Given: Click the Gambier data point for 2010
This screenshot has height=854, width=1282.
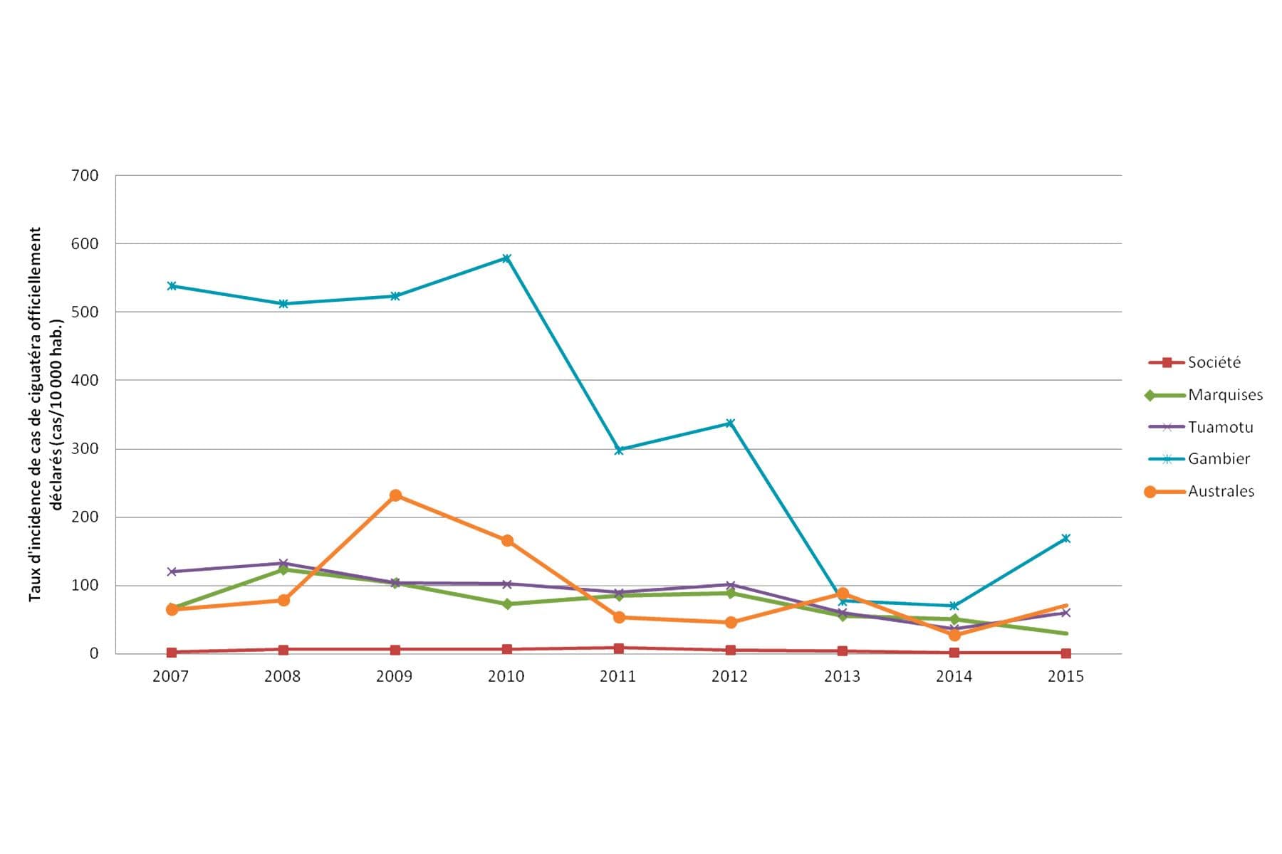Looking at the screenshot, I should [506, 258].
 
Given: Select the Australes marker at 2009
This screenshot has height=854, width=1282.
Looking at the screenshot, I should [395, 495].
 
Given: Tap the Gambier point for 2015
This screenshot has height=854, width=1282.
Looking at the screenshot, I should [1065, 539].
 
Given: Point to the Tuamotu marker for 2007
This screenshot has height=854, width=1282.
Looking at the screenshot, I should [172, 571].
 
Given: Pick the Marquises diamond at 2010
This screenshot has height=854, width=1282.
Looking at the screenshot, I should [506, 604].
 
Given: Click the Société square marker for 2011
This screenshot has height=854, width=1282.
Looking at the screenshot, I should [618, 648].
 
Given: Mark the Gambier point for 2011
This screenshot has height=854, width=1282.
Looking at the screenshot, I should [618, 450].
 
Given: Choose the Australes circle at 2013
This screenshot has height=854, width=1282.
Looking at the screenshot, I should [843, 594].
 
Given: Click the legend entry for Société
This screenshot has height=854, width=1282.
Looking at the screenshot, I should [1214, 362].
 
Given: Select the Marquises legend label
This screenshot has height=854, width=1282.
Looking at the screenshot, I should [1225, 395].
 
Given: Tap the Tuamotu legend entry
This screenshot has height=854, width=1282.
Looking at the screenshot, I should [1220, 427].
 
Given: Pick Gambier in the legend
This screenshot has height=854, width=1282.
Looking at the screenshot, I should [1219, 459].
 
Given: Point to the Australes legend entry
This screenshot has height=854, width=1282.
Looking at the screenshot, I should [1221, 491].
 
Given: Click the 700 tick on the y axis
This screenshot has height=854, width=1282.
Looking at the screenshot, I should [85, 176].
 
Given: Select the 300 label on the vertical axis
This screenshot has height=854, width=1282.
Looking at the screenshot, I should [85, 449].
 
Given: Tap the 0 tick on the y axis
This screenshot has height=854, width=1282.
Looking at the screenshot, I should [93, 653].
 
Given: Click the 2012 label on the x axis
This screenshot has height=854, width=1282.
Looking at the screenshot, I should [729, 676].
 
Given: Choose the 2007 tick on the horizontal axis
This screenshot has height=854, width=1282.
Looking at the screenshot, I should [171, 676].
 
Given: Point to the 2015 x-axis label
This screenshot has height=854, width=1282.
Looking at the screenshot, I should [1065, 676].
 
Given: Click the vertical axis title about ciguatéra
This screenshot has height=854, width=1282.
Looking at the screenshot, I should [46, 414].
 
